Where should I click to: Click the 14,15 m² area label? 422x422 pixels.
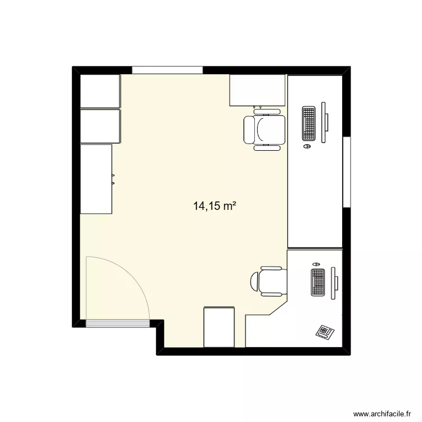214,206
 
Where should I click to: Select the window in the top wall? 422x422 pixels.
167,70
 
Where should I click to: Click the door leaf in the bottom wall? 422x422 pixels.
118,324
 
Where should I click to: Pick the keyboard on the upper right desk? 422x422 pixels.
308,123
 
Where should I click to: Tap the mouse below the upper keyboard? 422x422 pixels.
307,146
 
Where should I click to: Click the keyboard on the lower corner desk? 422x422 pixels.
318,283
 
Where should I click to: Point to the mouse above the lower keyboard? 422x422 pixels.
316,263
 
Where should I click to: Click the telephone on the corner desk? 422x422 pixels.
325,331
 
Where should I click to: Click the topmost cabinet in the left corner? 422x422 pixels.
100,91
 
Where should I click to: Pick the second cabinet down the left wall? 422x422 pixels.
100,126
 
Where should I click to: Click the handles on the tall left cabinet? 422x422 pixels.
113,178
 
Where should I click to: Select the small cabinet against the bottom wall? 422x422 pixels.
218,327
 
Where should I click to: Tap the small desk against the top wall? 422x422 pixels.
258,90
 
